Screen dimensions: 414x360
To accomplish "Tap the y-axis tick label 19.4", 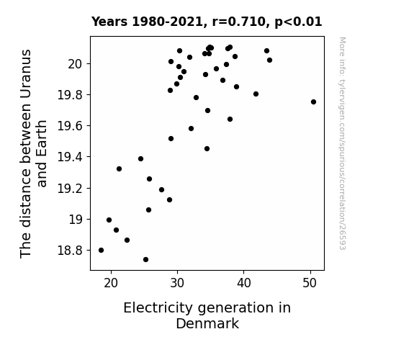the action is point(71,157).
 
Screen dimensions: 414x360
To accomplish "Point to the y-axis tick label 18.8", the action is point(71,251).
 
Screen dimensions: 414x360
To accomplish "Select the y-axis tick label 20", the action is point(76,64).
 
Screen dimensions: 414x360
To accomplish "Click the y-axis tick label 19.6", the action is point(71,126).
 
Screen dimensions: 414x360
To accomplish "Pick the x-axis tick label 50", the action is point(310,283).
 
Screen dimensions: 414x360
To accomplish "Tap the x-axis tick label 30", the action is point(177,283).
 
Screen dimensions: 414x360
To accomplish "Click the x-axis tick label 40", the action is point(243,283).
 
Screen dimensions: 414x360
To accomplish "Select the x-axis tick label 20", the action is point(111,283).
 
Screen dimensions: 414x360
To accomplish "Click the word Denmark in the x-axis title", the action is point(207,324).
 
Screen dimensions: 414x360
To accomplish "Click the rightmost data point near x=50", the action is point(313,102).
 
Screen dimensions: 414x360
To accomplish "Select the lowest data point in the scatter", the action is point(145,260).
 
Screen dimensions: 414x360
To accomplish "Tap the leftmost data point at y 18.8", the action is point(101,250).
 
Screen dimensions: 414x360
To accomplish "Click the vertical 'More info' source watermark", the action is point(342,143).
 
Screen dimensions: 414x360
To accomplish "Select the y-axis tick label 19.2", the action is point(71,189).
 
